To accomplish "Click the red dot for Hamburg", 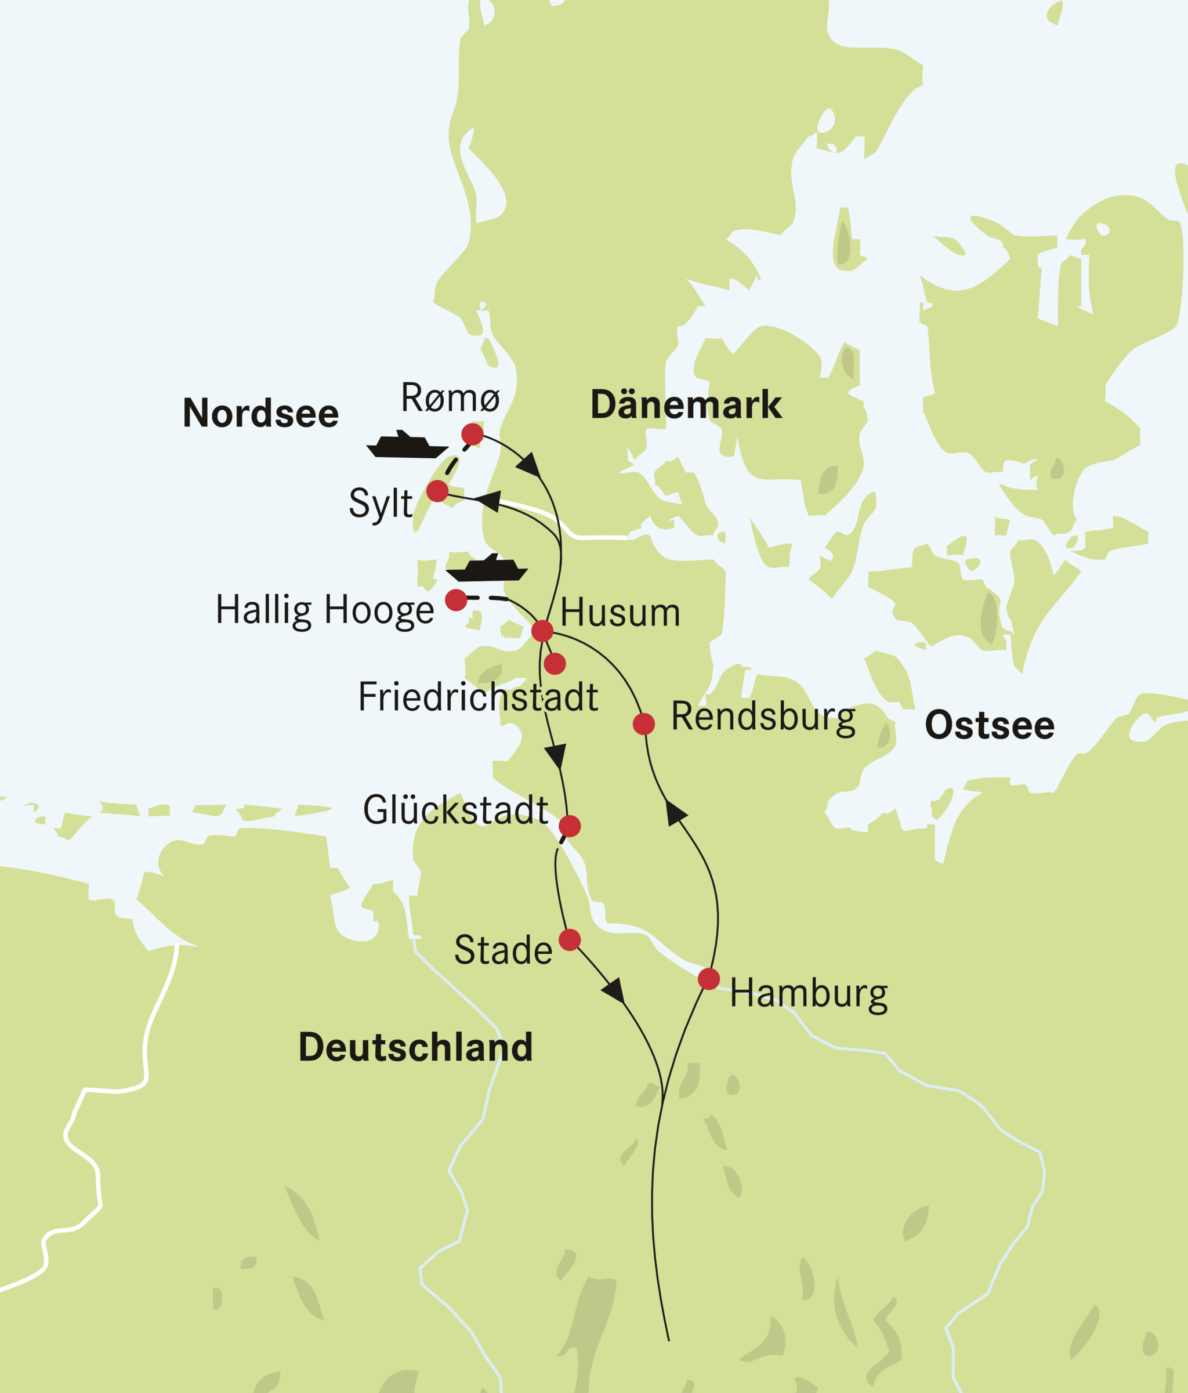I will [x=709, y=979].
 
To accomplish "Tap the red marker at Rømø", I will [x=472, y=435].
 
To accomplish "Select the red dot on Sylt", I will [x=437, y=491].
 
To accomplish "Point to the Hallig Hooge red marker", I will [x=456, y=600].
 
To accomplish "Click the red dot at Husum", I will [x=542, y=631].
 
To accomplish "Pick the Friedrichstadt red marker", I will [x=555, y=664].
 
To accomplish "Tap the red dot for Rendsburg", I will [x=643, y=724].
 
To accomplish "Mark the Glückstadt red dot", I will [x=570, y=826].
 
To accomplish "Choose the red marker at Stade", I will [x=570, y=940].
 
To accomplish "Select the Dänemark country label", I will [x=686, y=405].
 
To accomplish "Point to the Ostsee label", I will [x=989, y=725].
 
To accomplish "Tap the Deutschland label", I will [x=415, y=1047].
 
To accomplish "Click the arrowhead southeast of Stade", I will [x=614, y=990].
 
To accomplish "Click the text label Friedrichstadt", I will [x=477, y=697].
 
